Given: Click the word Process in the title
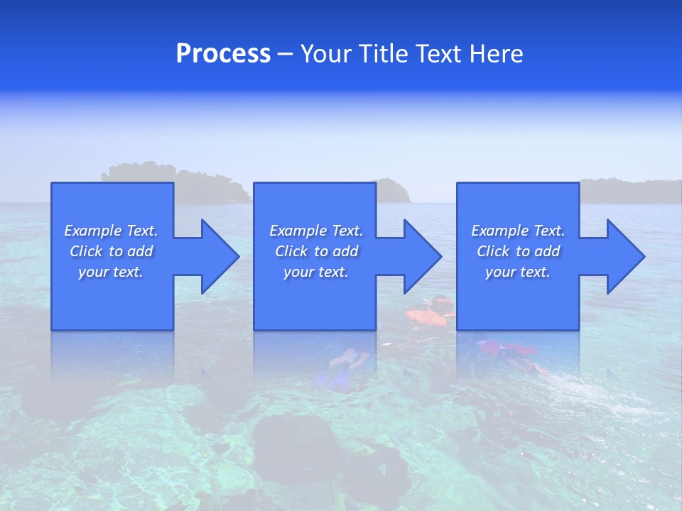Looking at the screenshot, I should click(x=223, y=54).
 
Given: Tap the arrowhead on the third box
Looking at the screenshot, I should click(x=622, y=256).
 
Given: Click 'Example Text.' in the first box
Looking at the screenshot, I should click(x=111, y=231).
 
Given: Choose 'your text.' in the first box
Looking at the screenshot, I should click(x=111, y=272).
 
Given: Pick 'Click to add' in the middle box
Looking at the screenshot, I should click(x=316, y=251).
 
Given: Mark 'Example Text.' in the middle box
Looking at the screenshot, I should click(x=316, y=231).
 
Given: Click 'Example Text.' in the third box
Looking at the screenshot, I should click(x=518, y=231).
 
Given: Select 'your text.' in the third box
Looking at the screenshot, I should click(x=518, y=272).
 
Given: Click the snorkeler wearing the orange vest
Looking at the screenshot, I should click(x=430, y=313).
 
